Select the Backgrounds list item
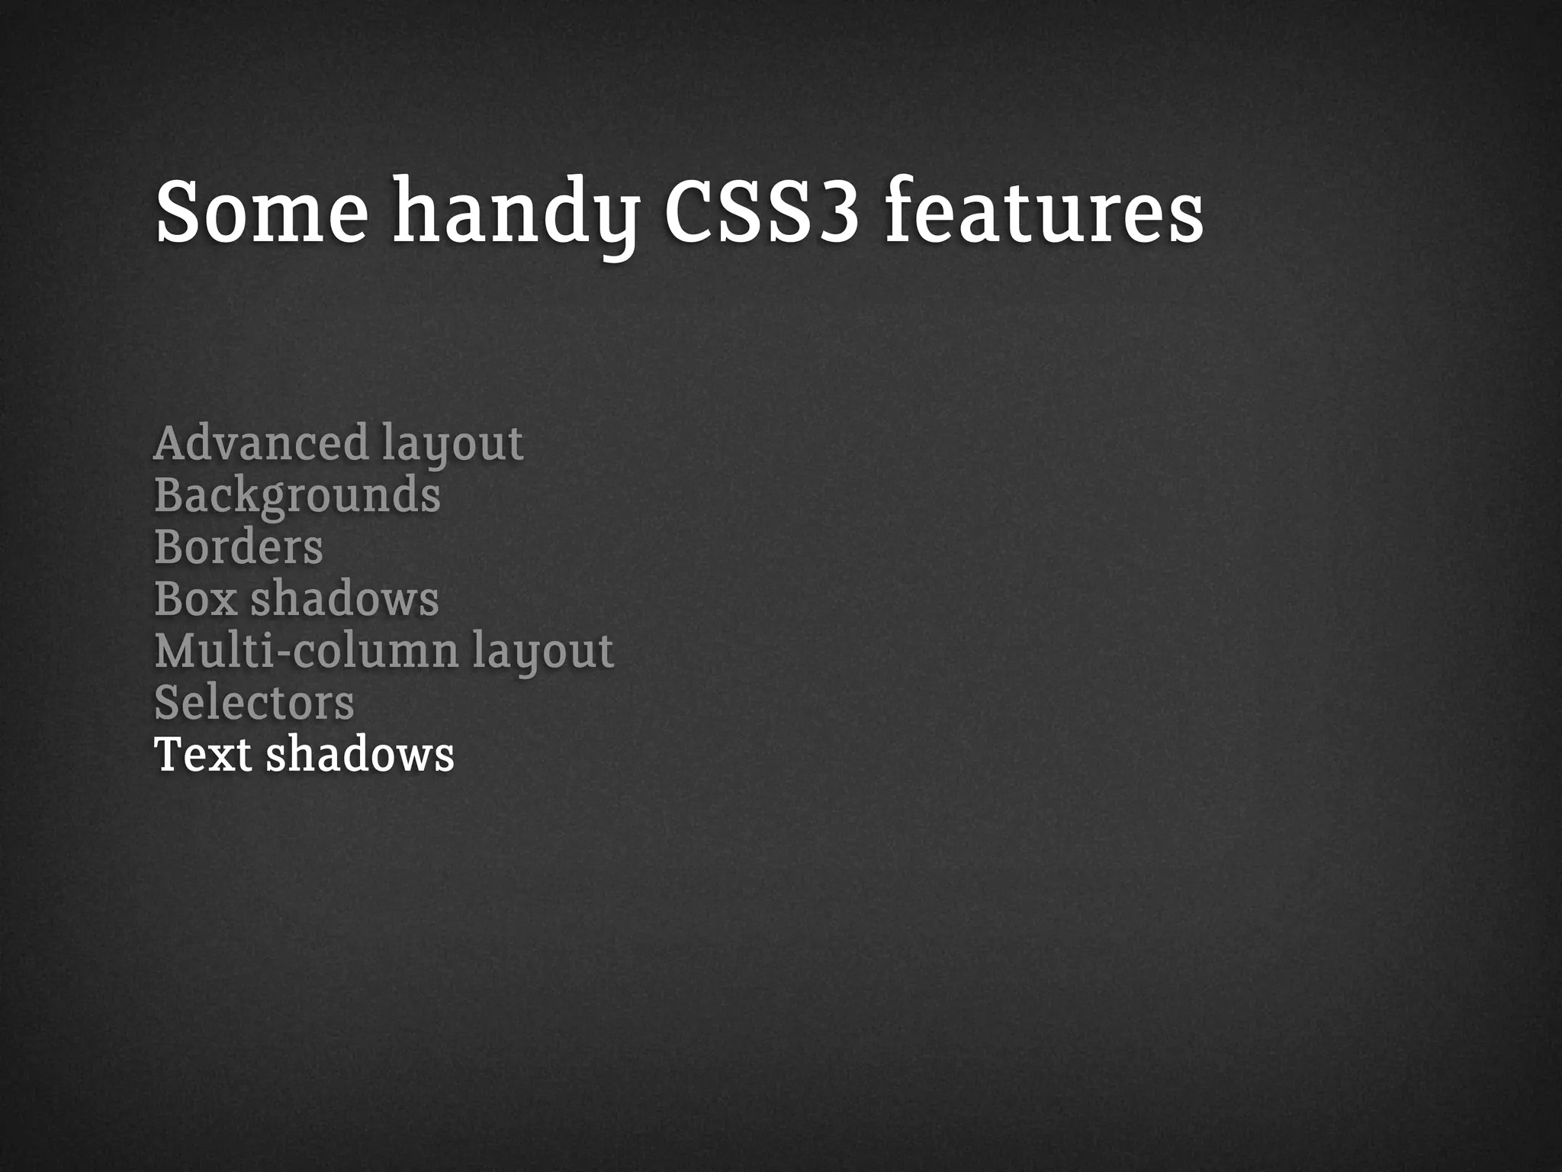coord(297,495)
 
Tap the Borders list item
coord(239,547)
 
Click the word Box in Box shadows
coord(195,599)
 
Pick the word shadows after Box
coord(345,599)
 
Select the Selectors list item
coord(254,703)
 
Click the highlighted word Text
coord(203,755)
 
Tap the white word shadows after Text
coord(360,755)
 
